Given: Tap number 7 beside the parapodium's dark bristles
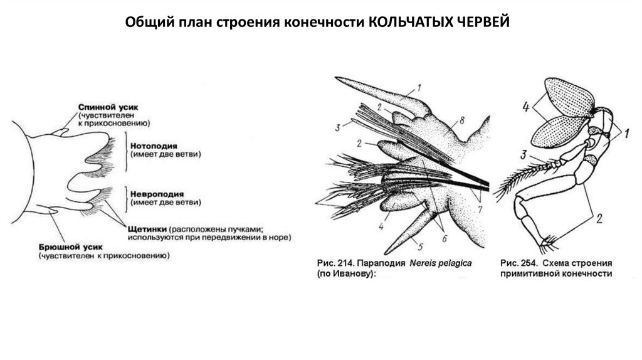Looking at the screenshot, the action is coord(480,207).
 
